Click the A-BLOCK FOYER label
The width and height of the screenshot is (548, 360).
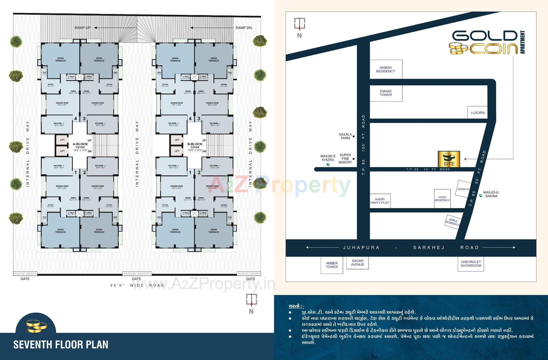pyautogui.click(x=80, y=146)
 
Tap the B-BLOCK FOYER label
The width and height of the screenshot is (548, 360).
pyautogui.click(x=195, y=146)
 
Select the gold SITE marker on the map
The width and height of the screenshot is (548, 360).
pyautogui.click(x=449, y=159)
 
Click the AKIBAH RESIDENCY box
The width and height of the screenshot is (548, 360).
pyautogui.click(x=386, y=69)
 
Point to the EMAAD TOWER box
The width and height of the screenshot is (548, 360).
pyautogui.click(x=386, y=93)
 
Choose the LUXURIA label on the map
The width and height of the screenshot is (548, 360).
pyautogui.click(x=478, y=113)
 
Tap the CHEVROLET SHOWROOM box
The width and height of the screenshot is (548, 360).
pyautogui.click(x=471, y=264)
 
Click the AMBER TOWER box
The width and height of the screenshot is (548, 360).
pyautogui.click(x=332, y=265)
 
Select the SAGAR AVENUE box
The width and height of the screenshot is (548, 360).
pyautogui.click(x=357, y=262)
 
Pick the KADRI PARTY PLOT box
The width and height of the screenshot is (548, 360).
pyautogui.click(x=380, y=201)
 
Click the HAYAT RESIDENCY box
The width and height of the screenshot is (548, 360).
pyautogui.click(x=442, y=199)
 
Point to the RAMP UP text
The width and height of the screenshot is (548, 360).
pyautogui.click(x=82, y=28)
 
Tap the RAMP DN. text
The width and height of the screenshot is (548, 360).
pyautogui.click(x=244, y=28)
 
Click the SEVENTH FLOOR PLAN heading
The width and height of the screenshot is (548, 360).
pyautogui.click(x=61, y=345)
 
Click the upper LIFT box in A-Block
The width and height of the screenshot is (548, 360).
pyautogui.click(x=62, y=140)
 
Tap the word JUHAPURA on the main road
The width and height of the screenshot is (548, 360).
pyautogui.click(x=361, y=248)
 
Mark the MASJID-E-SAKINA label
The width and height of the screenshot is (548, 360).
pyautogui.click(x=491, y=194)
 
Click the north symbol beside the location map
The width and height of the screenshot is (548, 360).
pyautogui.click(x=299, y=27)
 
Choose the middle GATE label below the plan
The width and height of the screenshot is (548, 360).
pyautogui.click(x=136, y=279)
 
